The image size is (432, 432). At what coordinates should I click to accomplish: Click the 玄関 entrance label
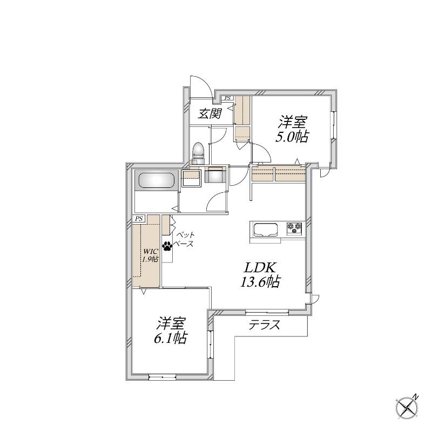coord(210,113)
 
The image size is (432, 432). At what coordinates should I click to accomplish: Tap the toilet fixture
coord(198,153)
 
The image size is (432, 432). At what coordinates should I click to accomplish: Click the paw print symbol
coord(167,246)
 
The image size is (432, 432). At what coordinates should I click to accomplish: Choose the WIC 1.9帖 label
coord(150,255)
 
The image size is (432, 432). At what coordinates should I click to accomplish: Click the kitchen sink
coord(265,230)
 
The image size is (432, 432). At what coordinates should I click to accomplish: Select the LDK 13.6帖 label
coord(260,275)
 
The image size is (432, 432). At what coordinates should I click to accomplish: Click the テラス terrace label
coord(264,325)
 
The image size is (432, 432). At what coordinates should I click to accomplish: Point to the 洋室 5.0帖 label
coord(292,129)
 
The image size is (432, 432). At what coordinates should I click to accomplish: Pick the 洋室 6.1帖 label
coord(171,330)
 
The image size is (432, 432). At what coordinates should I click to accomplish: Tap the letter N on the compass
coord(415,397)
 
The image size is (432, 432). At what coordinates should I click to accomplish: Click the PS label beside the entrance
coord(227,98)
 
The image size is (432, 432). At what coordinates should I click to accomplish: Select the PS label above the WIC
coord(139,219)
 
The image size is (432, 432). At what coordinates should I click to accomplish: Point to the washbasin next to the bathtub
coord(191,178)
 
